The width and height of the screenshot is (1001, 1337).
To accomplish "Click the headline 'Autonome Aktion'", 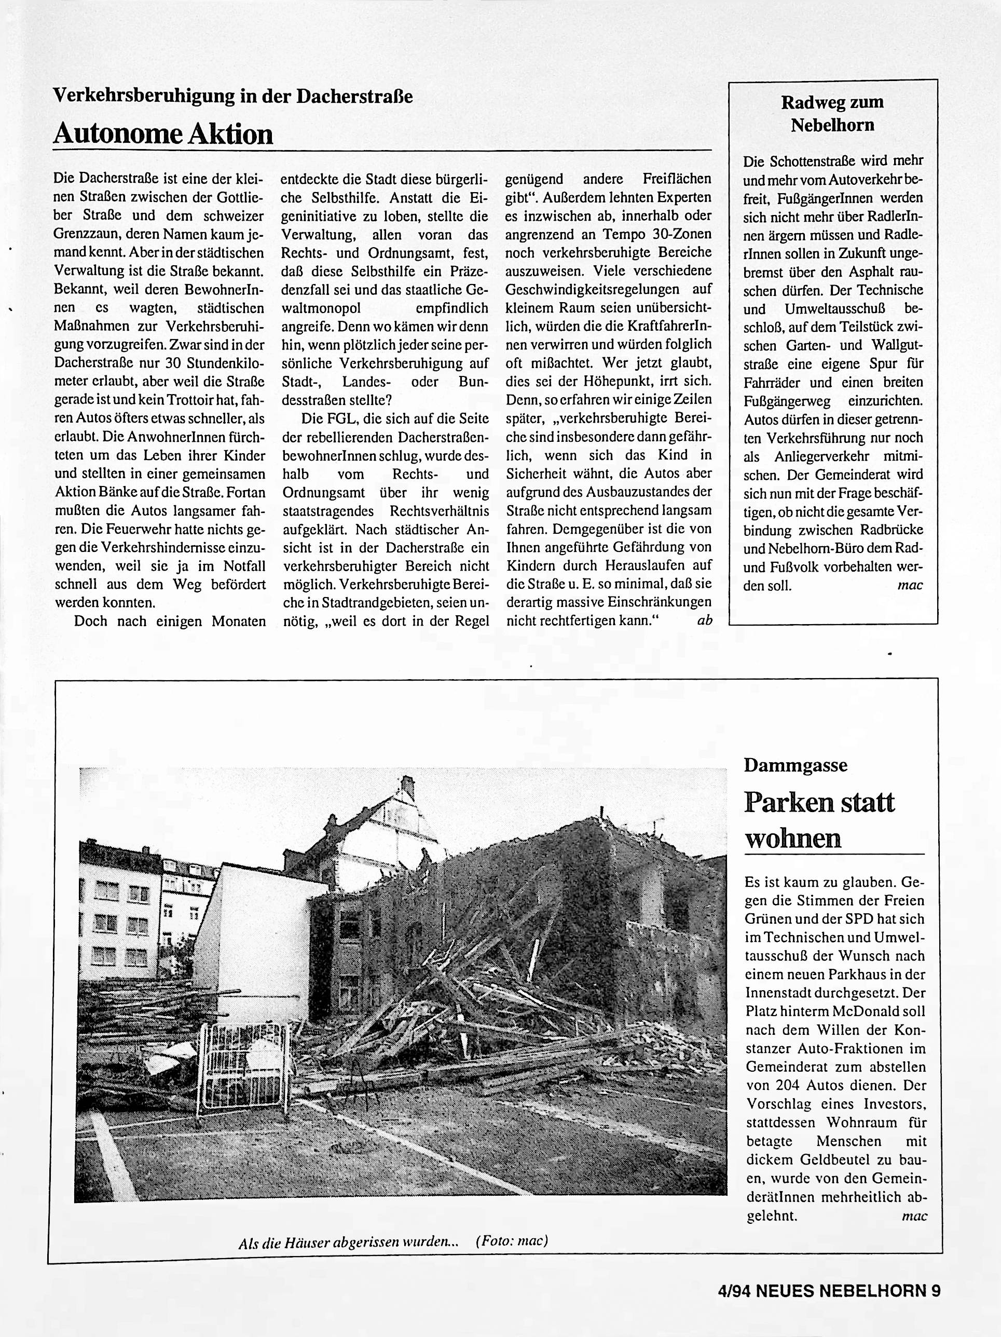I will pyautogui.click(x=163, y=133).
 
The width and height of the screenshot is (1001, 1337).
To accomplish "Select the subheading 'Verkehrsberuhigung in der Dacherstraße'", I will pyautogui.click(x=232, y=96).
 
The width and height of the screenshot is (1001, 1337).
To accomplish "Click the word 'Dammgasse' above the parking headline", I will pyautogui.click(x=796, y=765).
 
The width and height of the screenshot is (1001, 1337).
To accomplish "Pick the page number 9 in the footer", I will pyautogui.click(x=935, y=1287).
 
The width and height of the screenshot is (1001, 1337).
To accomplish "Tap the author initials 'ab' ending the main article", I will pyautogui.click(x=704, y=619).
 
